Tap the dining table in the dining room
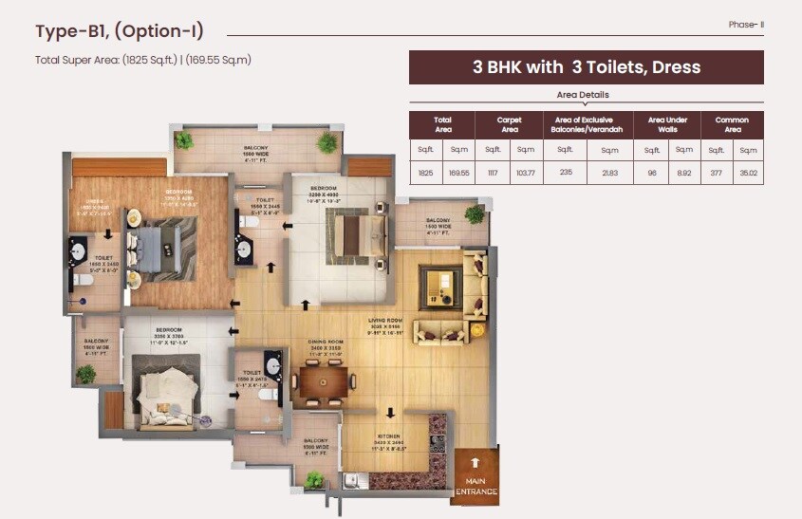324,381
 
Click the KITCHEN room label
388,443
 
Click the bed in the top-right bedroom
355,230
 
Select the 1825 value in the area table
425,174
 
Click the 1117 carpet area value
492,174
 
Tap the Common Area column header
732,124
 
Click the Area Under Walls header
668,124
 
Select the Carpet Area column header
509,124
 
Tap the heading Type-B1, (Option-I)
119,31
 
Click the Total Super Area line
143,60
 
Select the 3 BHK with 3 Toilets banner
586,67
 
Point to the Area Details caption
582,95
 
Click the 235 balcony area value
564,174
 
